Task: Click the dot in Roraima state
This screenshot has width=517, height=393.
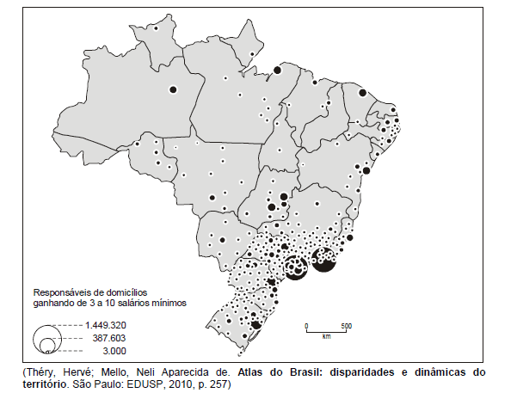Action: (156, 28)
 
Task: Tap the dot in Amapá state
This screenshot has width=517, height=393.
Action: (251, 54)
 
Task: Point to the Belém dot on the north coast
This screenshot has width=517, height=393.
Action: (277, 71)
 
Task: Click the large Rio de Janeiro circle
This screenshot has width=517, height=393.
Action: (324, 258)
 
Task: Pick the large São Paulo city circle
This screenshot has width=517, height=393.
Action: (296, 267)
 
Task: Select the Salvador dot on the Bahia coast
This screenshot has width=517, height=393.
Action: (366, 171)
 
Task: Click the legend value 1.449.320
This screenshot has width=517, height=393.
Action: (105, 325)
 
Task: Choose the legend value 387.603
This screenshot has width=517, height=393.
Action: (105, 338)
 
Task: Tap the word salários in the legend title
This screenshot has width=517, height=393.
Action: (135, 302)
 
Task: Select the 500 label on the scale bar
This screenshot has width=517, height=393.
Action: (347, 325)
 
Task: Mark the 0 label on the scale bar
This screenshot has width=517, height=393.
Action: (306, 325)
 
